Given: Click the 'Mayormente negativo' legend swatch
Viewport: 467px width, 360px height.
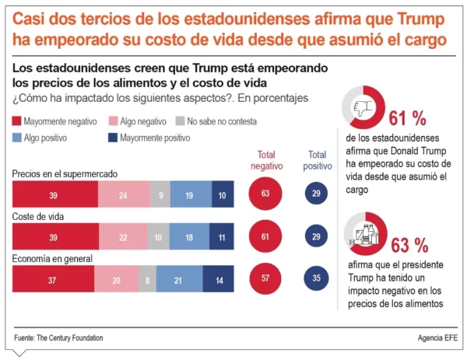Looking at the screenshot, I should click(x=17, y=122).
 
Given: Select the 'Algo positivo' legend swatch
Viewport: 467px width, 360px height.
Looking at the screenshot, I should click(x=17, y=138).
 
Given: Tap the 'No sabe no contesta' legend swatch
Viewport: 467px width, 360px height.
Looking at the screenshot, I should click(x=180, y=122).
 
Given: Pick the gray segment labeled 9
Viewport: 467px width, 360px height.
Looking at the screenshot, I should click(x=159, y=194).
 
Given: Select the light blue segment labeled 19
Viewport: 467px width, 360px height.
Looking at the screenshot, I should click(x=190, y=194).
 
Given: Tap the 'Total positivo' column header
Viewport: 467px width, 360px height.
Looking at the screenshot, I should click(x=317, y=160).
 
